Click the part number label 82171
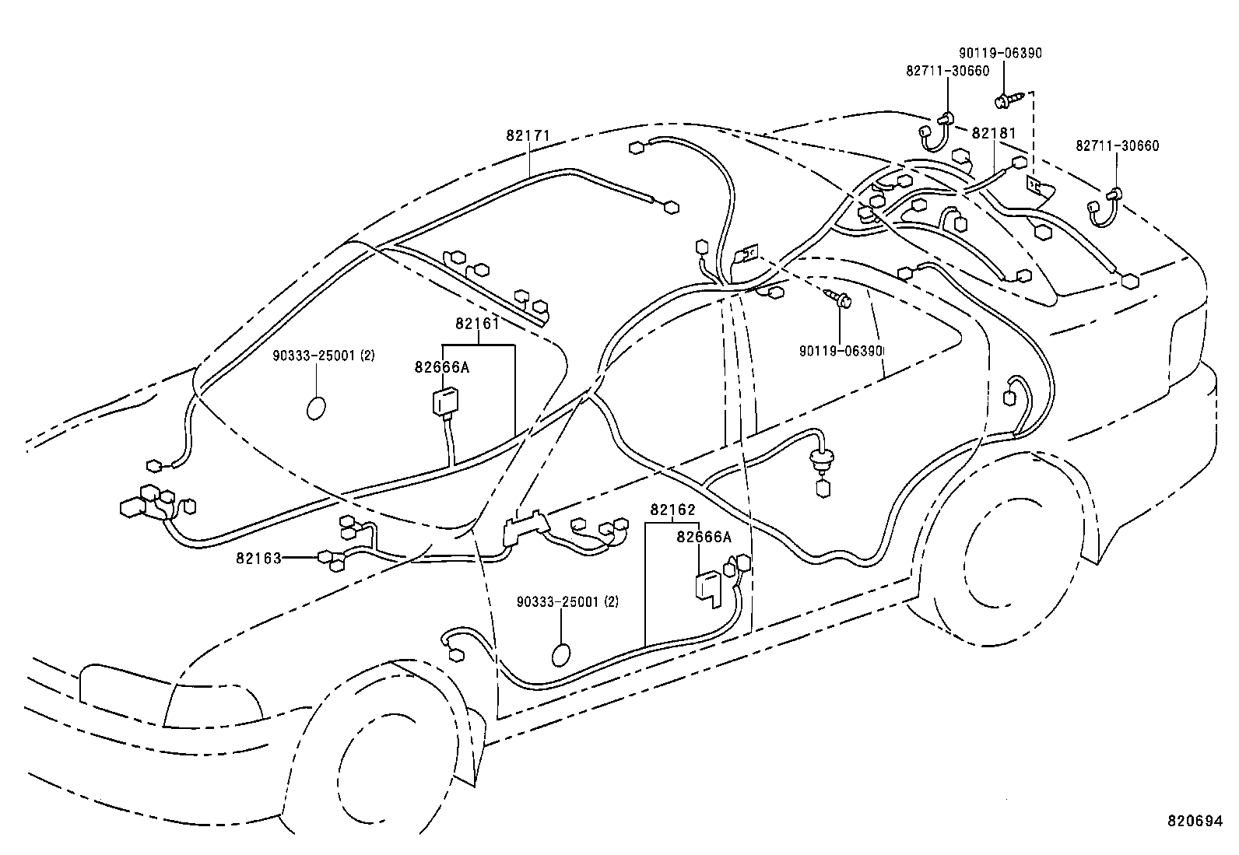point(528,135)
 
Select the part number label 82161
point(477,324)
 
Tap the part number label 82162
point(672,510)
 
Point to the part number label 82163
point(258,558)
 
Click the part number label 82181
point(993,133)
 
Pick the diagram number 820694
point(1194,820)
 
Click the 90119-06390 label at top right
point(1000,53)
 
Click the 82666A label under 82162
point(704,537)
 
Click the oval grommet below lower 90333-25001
point(561,656)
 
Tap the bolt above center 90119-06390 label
point(839,297)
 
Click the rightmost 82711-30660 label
point(1117,145)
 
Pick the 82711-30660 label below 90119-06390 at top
point(947,71)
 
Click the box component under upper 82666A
point(445,402)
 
